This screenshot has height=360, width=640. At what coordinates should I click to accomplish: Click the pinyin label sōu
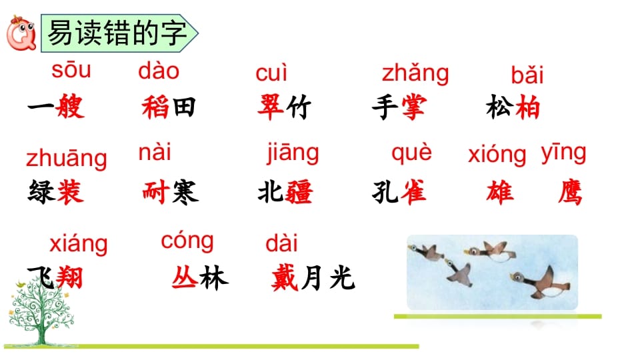coord(71,70)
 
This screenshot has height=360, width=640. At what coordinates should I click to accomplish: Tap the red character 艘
coord(71,107)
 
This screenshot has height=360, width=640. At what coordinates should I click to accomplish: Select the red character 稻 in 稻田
coord(155,107)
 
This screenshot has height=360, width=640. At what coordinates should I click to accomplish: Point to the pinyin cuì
coord(271,73)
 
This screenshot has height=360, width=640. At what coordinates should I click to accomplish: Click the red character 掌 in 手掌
coord(413,107)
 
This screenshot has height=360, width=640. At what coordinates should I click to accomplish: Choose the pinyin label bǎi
coord(527,75)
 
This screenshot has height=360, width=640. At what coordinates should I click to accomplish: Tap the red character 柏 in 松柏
coord(527,107)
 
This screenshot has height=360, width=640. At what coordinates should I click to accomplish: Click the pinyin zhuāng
coord(66,159)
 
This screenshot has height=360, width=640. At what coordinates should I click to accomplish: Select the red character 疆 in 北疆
coord(299,193)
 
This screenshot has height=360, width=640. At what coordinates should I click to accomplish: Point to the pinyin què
coord(411,153)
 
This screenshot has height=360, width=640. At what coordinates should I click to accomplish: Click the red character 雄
coord(500,193)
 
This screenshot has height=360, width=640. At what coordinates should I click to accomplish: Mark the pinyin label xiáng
coord(78,243)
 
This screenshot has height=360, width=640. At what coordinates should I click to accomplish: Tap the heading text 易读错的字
coord(117,32)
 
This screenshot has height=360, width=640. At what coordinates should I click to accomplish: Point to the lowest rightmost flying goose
coord(540,280)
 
